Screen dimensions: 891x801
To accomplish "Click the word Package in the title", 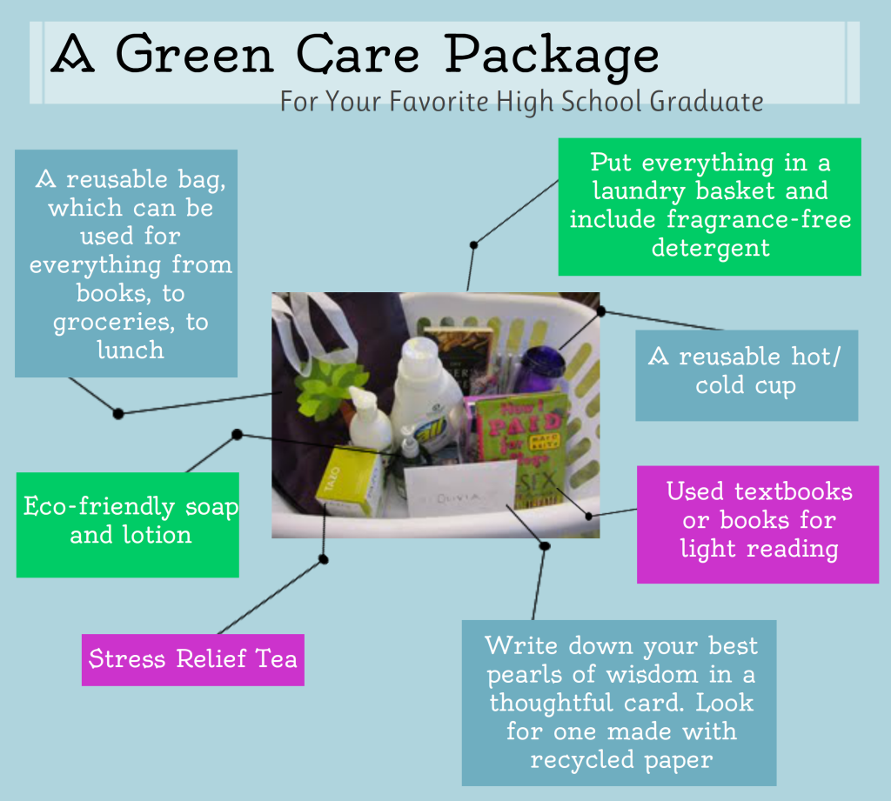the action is (551, 56).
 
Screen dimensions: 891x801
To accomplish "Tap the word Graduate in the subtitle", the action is (707, 102).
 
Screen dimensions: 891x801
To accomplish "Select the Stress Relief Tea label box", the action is (193, 659).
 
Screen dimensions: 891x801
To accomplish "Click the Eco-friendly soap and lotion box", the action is (128, 524).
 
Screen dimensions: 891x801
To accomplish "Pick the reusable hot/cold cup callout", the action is (747, 375).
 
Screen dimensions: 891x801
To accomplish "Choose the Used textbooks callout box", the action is (758, 524).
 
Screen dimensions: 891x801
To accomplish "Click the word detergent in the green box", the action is (710, 248).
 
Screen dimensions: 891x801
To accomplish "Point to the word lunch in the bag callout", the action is (131, 350).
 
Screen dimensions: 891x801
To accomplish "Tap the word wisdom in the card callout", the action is (653, 674).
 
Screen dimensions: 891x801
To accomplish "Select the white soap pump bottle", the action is (368, 419).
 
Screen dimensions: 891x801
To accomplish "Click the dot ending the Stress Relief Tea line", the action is (324, 559).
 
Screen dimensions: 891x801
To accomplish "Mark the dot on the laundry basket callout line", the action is (473, 245).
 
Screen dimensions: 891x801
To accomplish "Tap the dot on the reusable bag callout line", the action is (118, 414).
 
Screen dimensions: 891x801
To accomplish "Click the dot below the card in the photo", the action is (545, 546).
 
